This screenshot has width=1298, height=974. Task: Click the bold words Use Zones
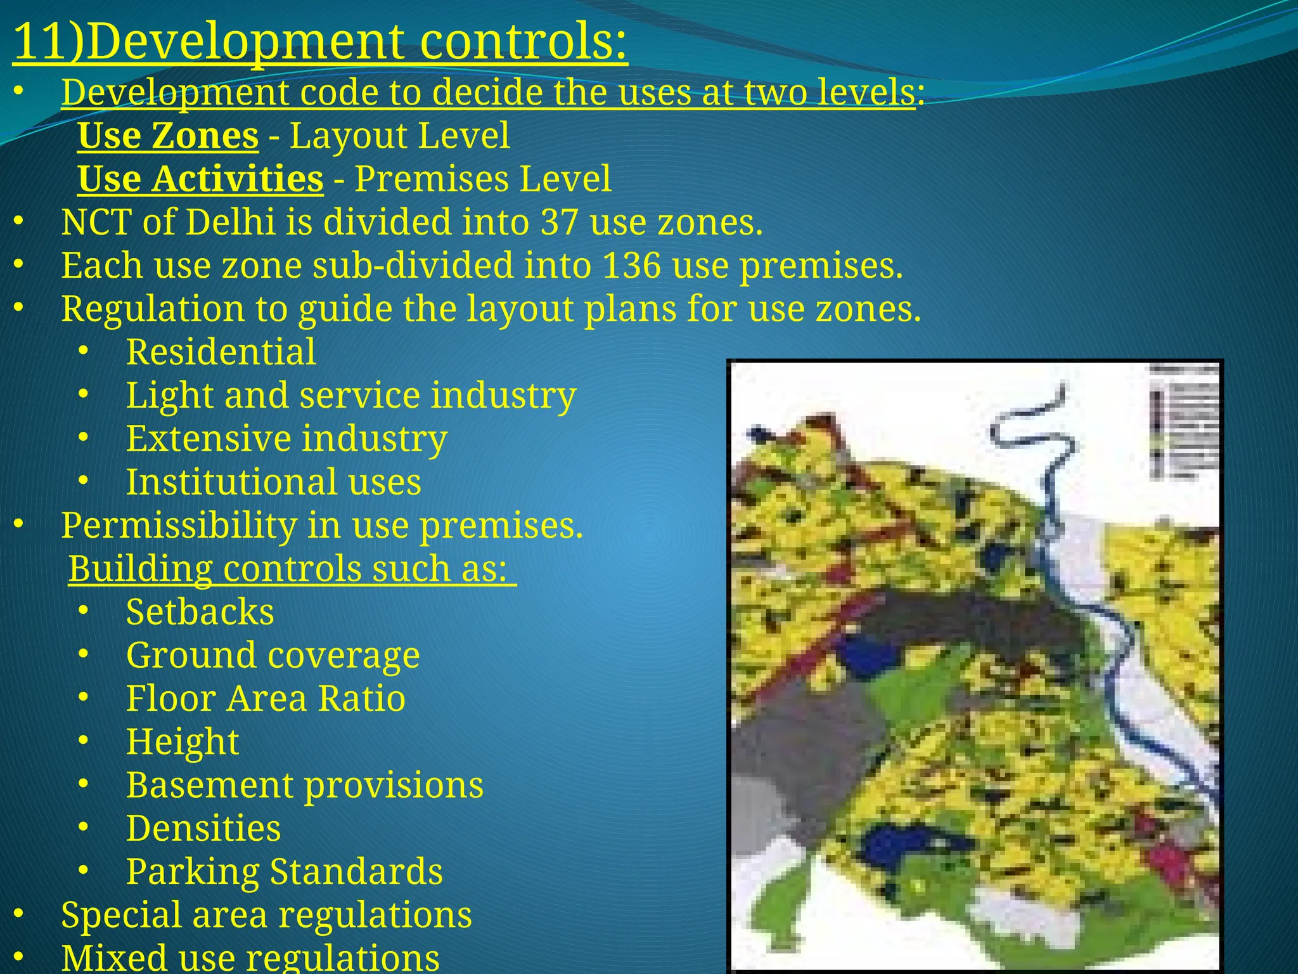[168, 136]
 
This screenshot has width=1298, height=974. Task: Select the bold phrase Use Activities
[200, 179]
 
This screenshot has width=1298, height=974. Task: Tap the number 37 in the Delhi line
[559, 223]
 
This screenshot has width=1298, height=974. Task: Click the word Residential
[221, 352]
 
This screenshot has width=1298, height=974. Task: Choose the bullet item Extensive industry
[286, 439]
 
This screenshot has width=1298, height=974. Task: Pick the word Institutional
[231, 482]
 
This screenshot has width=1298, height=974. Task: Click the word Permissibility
[179, 526]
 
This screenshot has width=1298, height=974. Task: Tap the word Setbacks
[200, 612]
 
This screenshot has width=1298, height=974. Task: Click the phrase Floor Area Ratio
[266, 699]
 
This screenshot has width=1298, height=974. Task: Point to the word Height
[183, 742]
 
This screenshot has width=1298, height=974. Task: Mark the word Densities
[203, 829]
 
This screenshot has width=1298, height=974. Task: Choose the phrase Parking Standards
[284, 872]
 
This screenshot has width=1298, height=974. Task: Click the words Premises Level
[483, 179]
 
